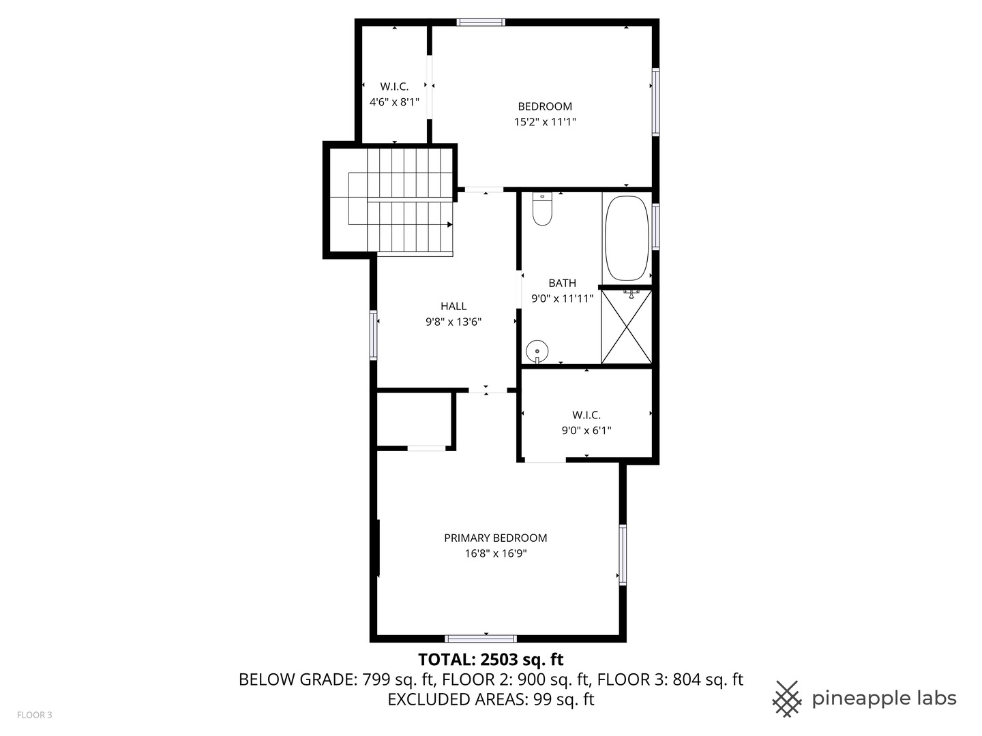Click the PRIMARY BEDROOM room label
pyautogui.click(x=495, y=538)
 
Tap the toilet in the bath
pyautogui.click(x=542, y=210)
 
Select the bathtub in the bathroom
pyautogui.click(x=627, y=238)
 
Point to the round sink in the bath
pyautogui.click(x=537, y=352)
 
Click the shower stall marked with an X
pyautogui.click(x=626, y=327)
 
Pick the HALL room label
pyautogui.click(x=453, y=307)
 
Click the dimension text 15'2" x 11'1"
pyautogui.click(x=545, y=122)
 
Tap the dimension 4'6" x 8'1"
pyautogui.click(x=394, y=102)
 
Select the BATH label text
pyautogui.click(x=562, y=283)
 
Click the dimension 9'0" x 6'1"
pyautogui.click(x=586, y=431)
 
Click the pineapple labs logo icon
pyautogui.click(x=787, y=699)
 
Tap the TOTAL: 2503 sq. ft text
pyautogui.click(x=490, y=659)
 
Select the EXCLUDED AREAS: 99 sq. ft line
pyautogui.click(x=490, y=699)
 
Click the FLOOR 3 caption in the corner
pyautogui.click(x=34, y=715)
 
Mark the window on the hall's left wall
pyautogui.click(x=373, y=335)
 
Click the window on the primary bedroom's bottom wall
pyautogui.click(x=481, y=639)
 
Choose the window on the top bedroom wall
pyautogui.click(x=481, y=22)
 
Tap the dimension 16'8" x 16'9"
pyautogui.click(x=496, y=553)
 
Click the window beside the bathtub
pyautogui.click(x=655, y=226)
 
